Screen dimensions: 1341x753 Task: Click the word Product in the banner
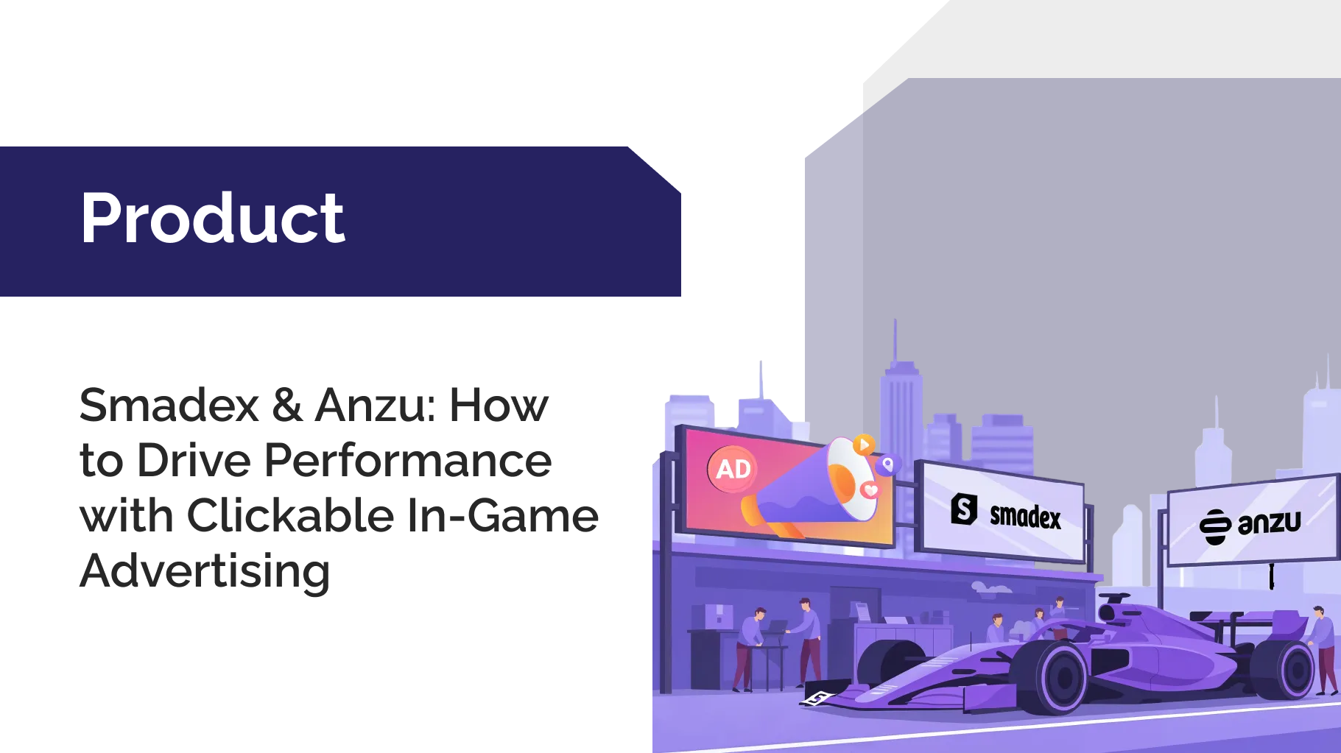tap(212, 218)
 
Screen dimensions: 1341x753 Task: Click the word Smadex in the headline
tap(169, 405)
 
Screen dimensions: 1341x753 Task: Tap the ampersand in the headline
tap(287, 405)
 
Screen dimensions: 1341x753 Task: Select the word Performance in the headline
tap(408, 461)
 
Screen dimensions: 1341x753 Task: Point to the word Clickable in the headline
tap(291, 515)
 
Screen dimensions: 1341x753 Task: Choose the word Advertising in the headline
tap(205, 572)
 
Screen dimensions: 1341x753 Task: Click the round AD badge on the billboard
tap(733, 469)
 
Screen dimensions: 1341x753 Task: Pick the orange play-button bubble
tap(864, 445)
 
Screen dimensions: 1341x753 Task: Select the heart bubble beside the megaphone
tap(870, 489)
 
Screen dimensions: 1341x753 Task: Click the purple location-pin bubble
tap(888, 464)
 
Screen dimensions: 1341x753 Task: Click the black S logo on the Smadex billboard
tap(964, 509)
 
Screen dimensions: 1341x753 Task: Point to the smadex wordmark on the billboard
tap(1026, 517)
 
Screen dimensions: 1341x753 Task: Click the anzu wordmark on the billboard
tap(1270, 523)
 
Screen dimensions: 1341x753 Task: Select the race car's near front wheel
tap(1060, 678)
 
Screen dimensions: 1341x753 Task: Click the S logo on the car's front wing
tap(817, 698)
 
